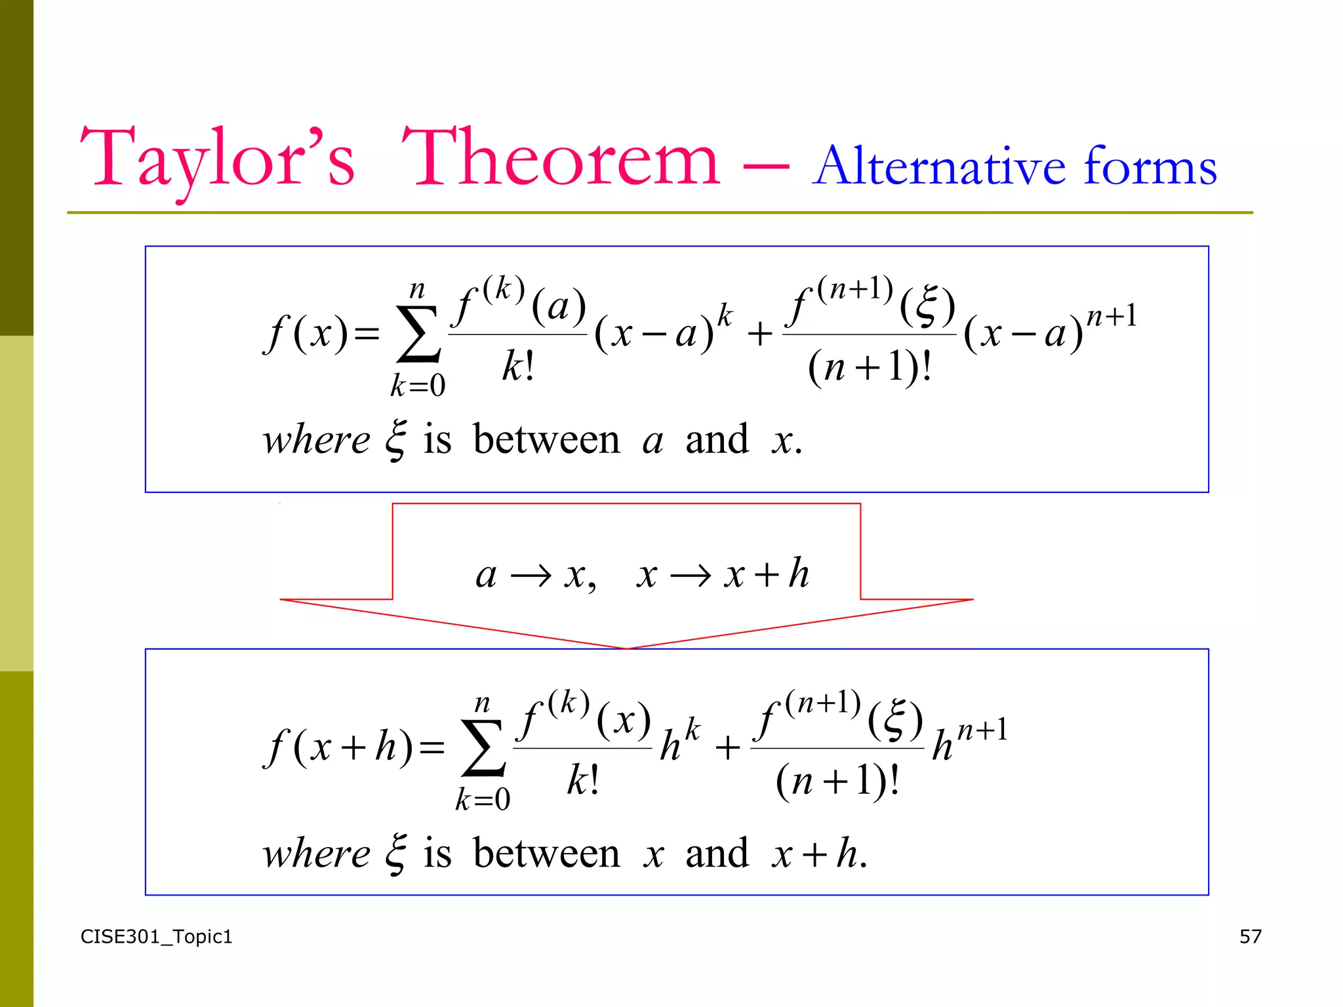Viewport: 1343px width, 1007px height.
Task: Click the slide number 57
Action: (1250, 936)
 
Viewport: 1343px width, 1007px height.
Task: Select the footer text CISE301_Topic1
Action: (156, 937)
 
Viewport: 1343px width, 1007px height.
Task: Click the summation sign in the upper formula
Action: (418, 334)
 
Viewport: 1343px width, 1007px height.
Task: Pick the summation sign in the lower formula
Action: (483, 748)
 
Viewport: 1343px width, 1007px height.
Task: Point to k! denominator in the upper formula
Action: (518, 366)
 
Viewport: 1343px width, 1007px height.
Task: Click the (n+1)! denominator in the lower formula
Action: (837, 781)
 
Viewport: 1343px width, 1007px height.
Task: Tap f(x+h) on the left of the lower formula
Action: (339, 747)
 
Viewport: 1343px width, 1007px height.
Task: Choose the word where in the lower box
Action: (316, 854)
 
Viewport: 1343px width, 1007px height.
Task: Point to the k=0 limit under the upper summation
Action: (418, 385)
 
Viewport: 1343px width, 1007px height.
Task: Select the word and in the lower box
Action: (717, 854)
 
